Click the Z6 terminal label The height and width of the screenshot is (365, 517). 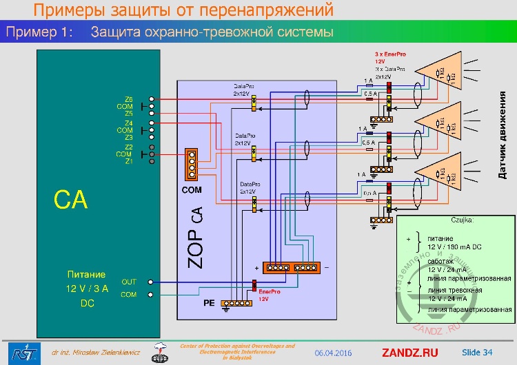point(129,99)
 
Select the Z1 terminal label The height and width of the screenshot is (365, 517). point(129,162)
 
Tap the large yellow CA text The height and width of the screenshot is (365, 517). point(71,200)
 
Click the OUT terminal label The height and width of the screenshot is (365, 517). point(129,282)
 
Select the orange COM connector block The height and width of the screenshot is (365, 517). point(192,165)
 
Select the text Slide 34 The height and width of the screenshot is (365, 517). point(477,353)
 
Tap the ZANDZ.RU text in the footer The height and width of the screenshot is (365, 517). point(409,353)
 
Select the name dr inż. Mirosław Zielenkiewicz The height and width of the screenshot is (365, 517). point(94,353)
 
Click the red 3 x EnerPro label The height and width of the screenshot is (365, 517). point(388,54)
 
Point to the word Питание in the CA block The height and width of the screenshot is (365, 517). point(87,274)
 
